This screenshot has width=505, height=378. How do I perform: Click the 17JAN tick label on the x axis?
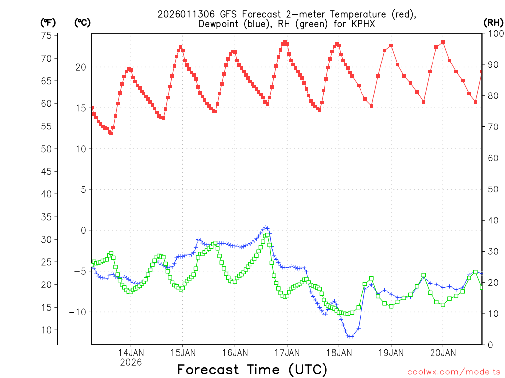pyautogui.click(x=287, y=352)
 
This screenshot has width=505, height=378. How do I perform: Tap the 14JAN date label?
pyautogui.click(x=131, y=352)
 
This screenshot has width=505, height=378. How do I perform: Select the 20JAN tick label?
pyautogui.click(x=443, y=352)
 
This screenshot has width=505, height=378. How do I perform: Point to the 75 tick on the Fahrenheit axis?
pyautogui.click(x=46, y=35)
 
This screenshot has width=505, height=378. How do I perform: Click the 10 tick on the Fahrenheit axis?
pyautogui.click(x=46, y=330)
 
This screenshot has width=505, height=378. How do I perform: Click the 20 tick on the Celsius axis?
pyautogui.click(x=81, y=67)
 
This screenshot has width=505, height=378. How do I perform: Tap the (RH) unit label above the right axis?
pyautogui.click(x=493, y=22)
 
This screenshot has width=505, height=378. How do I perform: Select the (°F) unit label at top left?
pyautogui.click(x=48, y=22)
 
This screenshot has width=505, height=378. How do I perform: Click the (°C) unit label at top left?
pyautogui.click(x=82, y=22)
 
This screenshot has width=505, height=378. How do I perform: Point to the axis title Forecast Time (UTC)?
pyautogui.click(x=252, y=369)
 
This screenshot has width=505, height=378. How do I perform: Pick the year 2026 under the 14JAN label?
pyautogui.click(x=131, y=362)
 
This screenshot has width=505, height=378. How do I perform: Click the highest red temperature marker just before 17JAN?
pyautogui.click(x=285, y=42)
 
